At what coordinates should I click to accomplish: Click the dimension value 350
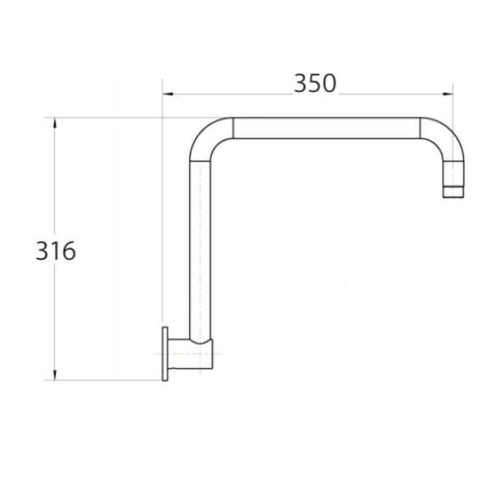click(315, 83)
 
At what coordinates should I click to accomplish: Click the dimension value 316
click(56, 251)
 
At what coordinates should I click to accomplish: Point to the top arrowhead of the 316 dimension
click(55, 122)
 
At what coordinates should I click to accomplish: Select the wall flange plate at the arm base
click(166, 353)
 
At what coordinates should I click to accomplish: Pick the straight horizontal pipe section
click(326, 127)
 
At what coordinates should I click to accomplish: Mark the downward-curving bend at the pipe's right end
click(444, 144)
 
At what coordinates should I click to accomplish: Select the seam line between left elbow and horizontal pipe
click(233, 127)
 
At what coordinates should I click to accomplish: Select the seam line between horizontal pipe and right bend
click(420, 127)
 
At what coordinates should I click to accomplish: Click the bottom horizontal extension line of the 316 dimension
click(107, 380)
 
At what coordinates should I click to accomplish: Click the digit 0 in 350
click(329, 83)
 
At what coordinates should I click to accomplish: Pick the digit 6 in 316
click(68, 251)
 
